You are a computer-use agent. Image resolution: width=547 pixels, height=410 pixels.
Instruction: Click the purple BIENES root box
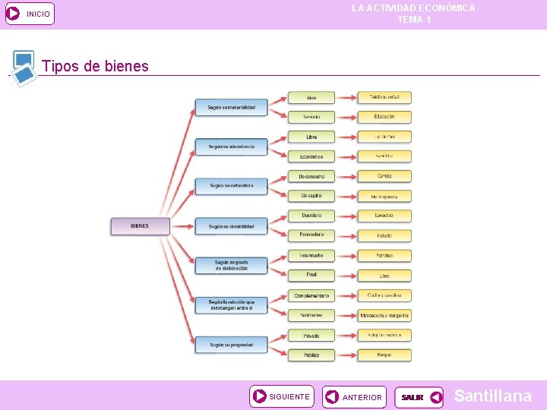click(x=139, y=225)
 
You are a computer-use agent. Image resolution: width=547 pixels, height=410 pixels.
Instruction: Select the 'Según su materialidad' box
click(x=232, y=107)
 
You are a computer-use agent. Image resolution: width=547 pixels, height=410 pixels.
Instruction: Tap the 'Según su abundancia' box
click(x=232, y=147)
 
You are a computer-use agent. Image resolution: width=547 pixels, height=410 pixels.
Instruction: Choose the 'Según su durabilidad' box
click(x=232, y=226)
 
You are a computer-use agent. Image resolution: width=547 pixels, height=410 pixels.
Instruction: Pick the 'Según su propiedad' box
click(x=232, y=345)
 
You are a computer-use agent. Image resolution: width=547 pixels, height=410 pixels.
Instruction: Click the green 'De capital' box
click(x=311, y=196)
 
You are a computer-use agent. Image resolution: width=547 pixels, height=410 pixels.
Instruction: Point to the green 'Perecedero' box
click(x=311, y=235)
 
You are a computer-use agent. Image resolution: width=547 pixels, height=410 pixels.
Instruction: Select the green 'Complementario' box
click(x=311, y=295)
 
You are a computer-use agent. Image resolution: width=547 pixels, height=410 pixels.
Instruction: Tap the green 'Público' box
click(x=311, y=355)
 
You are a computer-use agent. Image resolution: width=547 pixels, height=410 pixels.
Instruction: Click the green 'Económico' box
click(x=311, y=156)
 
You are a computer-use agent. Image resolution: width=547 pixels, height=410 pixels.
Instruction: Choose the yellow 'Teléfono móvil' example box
click(x=384, y=97)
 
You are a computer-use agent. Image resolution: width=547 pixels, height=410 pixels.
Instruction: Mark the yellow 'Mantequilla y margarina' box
click(x=384, y=315)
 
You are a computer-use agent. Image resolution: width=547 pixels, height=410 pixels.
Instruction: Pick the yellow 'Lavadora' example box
click(x=384, y=216)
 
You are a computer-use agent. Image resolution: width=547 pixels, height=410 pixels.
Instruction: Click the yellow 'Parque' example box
click(x=384, y=355)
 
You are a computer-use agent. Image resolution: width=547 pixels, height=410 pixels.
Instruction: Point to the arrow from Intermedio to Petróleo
click(x=346, y=256)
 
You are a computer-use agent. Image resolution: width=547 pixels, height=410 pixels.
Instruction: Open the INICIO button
click(x=30, y=14)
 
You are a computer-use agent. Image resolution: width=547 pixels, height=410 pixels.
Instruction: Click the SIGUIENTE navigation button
click(x=281, y=396)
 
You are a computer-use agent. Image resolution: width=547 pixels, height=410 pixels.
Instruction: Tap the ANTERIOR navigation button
click(x=354, y=397)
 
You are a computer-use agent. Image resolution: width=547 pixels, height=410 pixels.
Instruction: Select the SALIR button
click(x=419, y=397)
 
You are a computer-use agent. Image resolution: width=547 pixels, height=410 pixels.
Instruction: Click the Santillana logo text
click(x=492, y=396)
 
